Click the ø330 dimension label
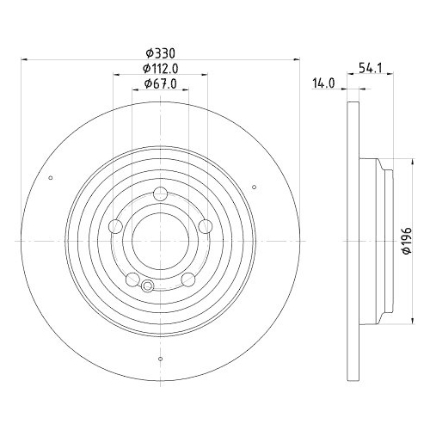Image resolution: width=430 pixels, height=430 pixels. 160,53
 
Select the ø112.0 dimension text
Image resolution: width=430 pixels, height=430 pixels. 161,69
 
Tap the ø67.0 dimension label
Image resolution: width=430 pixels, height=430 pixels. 161,83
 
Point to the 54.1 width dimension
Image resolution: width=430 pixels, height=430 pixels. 372,69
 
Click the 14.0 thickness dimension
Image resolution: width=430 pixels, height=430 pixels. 323,83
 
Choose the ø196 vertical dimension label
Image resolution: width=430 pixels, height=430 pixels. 408,241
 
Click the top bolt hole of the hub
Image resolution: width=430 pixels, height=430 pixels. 160,194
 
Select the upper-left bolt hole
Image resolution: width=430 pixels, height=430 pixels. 116,226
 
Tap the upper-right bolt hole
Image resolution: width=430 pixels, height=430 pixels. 206,226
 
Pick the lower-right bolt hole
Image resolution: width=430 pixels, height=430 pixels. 188,279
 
